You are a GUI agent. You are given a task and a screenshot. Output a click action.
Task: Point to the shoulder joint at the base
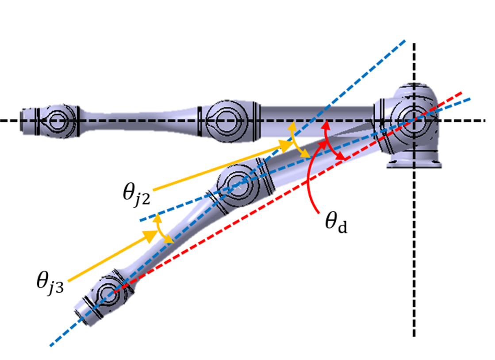point(413,119)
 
